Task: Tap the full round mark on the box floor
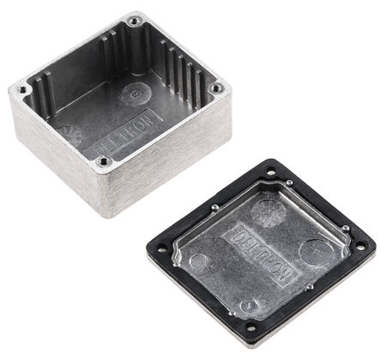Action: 136,93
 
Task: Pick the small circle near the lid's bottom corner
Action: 250,304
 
